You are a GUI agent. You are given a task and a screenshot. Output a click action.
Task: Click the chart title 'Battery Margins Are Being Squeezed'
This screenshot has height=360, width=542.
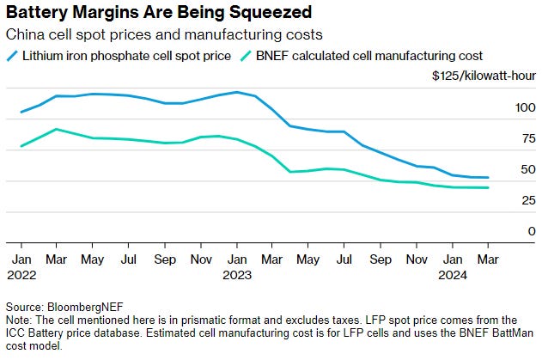pos(158,13)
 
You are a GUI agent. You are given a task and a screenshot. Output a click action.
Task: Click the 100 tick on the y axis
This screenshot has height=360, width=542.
pos(501,107)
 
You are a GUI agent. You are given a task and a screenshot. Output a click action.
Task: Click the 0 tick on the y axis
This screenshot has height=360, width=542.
pos(507,231)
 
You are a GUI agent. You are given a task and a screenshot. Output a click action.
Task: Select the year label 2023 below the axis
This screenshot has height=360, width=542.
pos(237,275)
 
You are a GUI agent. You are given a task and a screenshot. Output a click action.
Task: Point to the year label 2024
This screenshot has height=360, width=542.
pos(454,275)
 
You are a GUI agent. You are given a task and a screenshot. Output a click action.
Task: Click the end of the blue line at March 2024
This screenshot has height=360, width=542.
pos(488,178)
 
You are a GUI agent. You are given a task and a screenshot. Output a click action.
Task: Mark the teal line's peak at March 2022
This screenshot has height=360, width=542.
pos(57,129)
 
